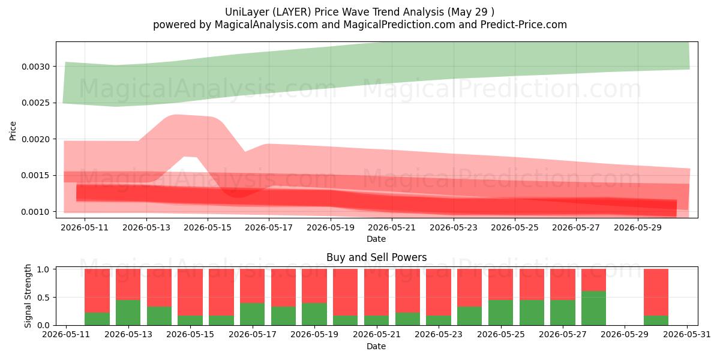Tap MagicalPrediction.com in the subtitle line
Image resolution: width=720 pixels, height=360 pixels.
click(x=399, y=25)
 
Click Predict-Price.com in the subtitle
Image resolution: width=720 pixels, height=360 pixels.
click(x=524, y=25)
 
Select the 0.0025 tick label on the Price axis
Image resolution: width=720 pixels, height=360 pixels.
click(x=35, y=103)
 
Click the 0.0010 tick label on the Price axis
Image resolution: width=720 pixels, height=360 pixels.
click(x=35, y=212)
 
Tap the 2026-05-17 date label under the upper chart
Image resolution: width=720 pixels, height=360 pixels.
click(x=269, y=228)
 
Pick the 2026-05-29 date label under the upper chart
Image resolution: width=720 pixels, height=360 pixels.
click(x=638, y=228)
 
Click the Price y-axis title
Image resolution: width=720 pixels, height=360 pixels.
click(x=13, y=131)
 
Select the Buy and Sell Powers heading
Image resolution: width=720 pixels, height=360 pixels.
click(x=376, y=257)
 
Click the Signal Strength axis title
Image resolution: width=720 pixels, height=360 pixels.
click(x=28, y=296)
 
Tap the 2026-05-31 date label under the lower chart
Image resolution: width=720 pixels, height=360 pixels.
click(x=687, y=335)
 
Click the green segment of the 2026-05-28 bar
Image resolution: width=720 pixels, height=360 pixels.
click(x=593, y=308)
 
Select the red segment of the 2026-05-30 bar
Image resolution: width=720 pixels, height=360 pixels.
click(x=656, y=292)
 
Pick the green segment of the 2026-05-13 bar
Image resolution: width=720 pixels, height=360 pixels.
click(x=128, y=313)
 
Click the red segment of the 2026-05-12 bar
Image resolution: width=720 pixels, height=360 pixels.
click(x=97, y=290)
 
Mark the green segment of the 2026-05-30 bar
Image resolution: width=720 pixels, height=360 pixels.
click(x=656, y=320)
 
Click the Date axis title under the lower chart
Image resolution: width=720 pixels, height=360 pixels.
click(x=376, y=347)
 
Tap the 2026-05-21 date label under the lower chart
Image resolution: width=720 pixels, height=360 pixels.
click(x=377, y=335)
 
